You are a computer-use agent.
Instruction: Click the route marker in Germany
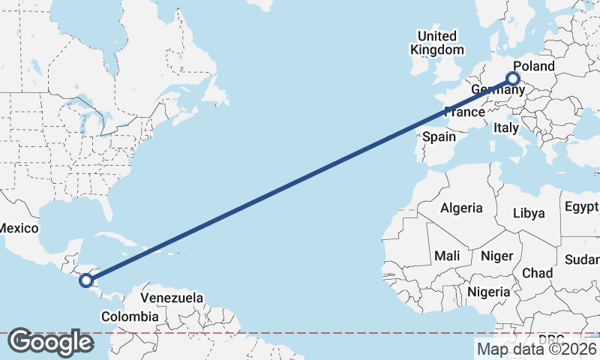click(514, 78)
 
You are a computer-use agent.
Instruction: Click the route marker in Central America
click(86, 280)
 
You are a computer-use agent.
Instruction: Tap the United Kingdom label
click(436, 43)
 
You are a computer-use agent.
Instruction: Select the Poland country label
click(535, 66)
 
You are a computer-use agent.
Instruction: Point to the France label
click(464, 112)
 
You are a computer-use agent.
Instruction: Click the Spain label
click(439, 136)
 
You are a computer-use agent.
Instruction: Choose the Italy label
click(506, 128)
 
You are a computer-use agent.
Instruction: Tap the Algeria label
click(461, 208)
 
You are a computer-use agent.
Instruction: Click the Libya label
click(528, 213)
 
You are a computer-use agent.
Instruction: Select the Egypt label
click(581, 206)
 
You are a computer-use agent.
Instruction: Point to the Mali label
click(447, 256)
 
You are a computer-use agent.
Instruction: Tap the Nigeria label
click(488, 291)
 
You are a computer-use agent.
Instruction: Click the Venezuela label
click(172, 298)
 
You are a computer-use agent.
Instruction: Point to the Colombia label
click(130, 316)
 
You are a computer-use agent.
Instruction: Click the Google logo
click(50, 341)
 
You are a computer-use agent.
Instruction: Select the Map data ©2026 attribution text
click(536, 349)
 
